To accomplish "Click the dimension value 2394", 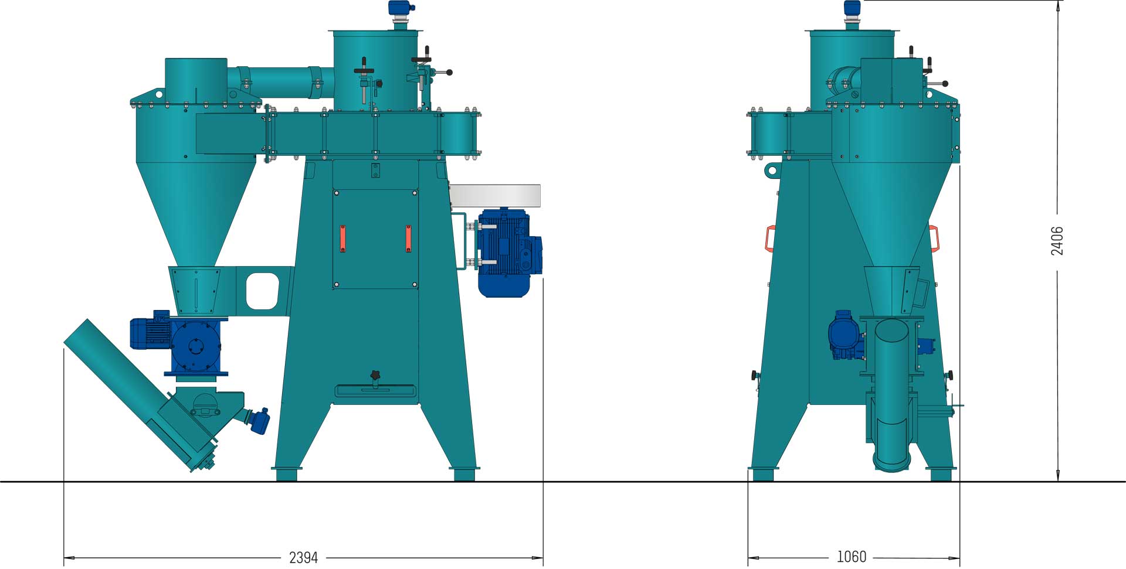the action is [x=303, y=557].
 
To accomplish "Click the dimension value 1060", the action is [x=852, y=557].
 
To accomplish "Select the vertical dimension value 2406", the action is [x=1057, y=241].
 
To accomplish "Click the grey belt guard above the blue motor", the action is [x=496, y=196].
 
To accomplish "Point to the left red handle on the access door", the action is [x=343, y=238].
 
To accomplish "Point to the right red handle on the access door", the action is [x=408, y=238].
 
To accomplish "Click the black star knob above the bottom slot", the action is [x=375, y=375].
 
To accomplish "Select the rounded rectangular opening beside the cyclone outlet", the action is [x=262, y=290].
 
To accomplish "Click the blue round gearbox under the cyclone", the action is [x=196, y=347].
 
